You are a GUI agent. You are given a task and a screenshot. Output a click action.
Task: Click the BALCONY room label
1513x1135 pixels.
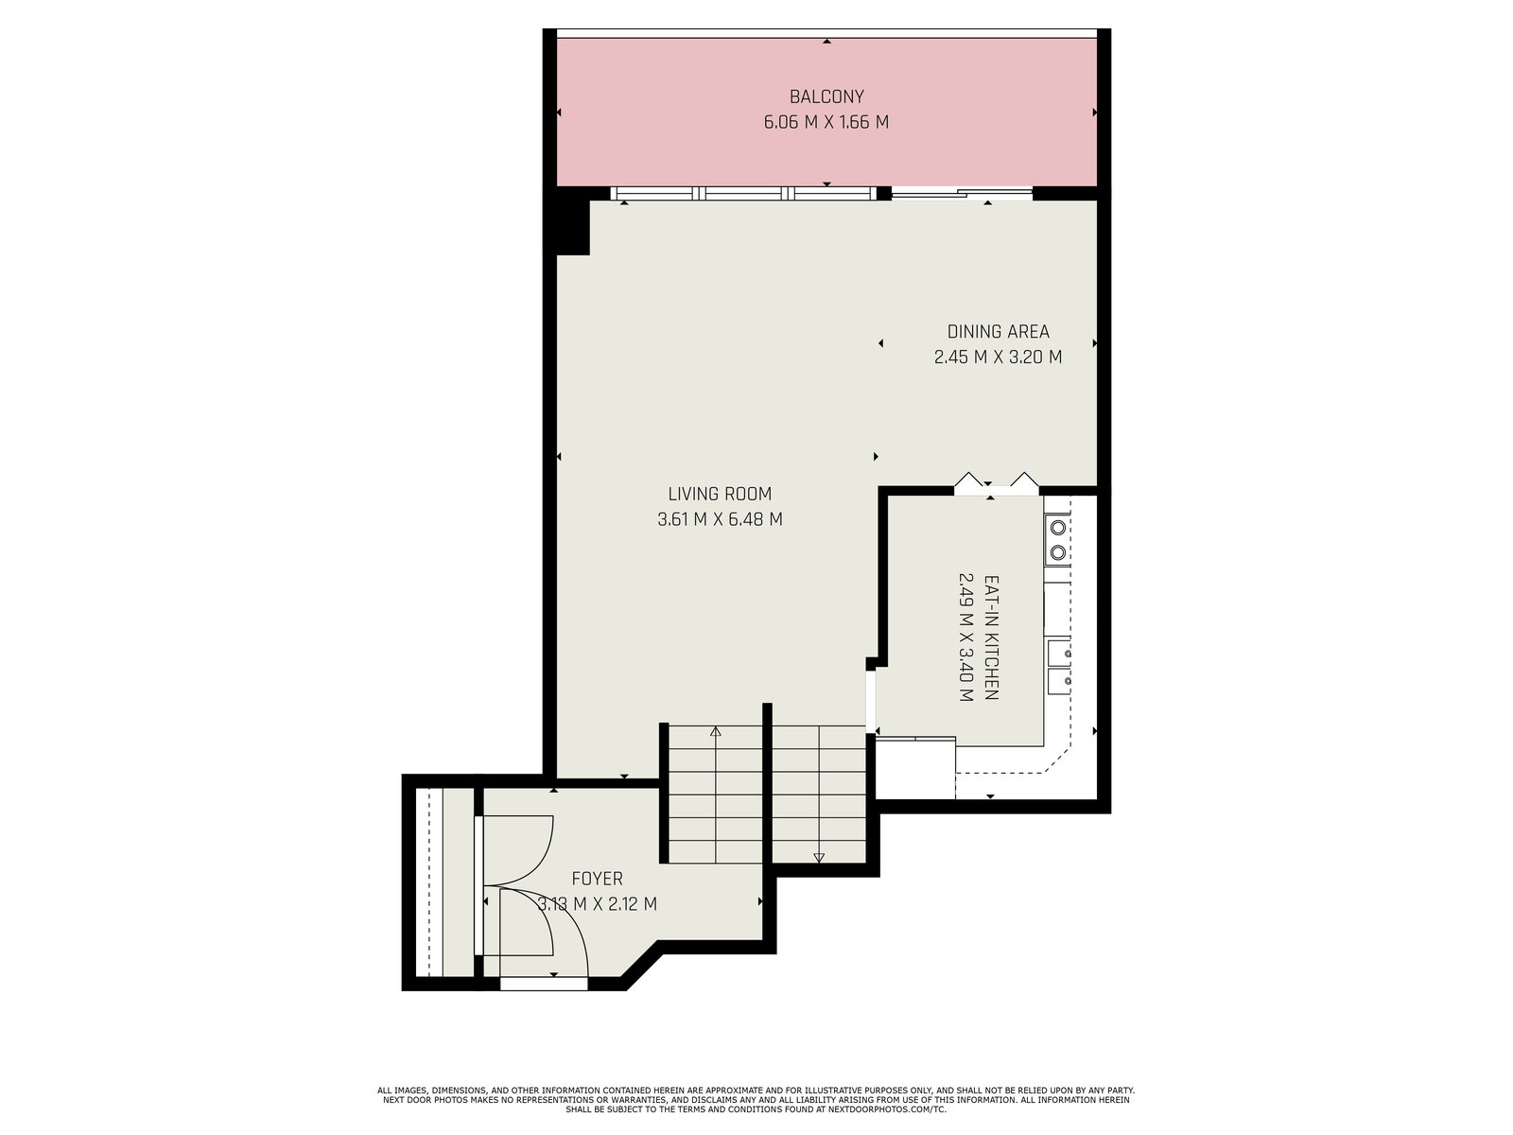point(826,96)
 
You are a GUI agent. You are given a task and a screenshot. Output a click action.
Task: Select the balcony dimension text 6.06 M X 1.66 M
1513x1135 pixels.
point(826,122)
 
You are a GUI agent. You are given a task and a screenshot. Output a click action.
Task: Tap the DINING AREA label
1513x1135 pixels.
point(998,331)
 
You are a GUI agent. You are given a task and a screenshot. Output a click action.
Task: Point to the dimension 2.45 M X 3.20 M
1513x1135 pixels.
point(998,357)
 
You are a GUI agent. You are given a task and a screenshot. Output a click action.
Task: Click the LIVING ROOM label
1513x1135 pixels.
point(720,494)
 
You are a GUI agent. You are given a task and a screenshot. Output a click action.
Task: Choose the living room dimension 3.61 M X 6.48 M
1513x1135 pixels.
point(720,519)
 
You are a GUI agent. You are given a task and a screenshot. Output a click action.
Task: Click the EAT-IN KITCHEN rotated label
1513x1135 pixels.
point(990,637)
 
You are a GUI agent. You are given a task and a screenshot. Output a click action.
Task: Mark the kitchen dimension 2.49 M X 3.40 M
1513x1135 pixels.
point(965,637)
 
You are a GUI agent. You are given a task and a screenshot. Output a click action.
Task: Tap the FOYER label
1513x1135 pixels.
point(597,879)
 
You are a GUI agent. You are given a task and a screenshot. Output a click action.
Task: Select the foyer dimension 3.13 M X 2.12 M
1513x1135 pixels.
point(597,904)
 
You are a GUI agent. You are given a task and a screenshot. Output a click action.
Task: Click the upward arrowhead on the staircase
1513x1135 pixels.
point(716,731)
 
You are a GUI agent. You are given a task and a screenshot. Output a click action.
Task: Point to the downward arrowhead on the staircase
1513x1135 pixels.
point(818,858)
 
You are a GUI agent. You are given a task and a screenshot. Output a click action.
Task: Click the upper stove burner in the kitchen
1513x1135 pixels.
point(1057,529)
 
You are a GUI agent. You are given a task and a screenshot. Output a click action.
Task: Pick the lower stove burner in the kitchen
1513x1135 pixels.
point(1057,552)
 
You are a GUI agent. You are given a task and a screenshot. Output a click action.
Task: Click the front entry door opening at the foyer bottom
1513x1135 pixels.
point(544,984)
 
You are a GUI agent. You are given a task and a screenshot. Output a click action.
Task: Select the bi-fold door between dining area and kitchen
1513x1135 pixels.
point(997,483)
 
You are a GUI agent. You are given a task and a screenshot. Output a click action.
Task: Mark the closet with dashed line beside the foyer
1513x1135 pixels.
point(443,882)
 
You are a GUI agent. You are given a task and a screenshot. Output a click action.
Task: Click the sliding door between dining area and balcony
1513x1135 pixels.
point(963,194)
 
